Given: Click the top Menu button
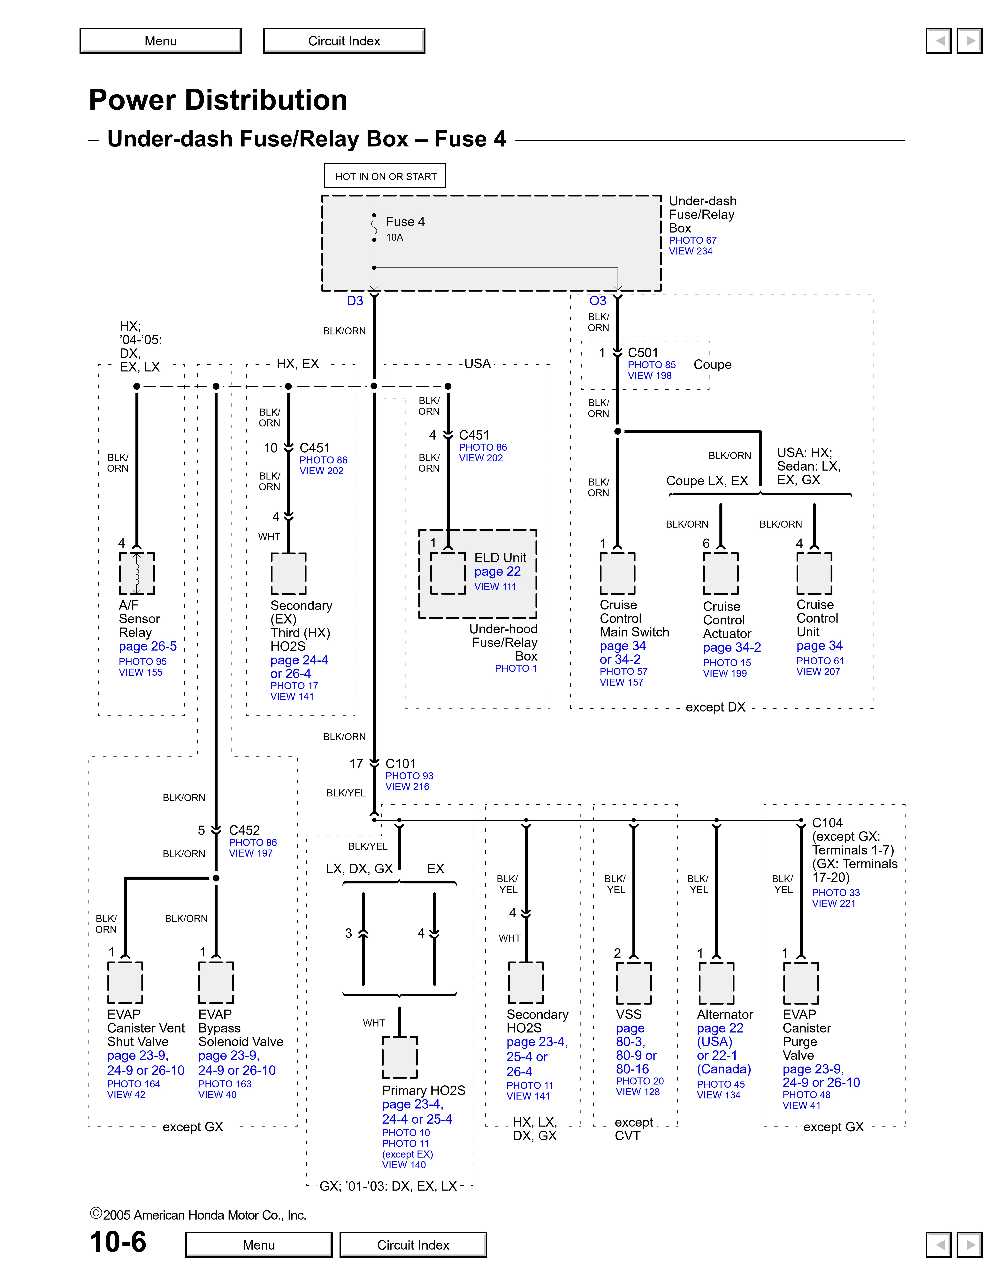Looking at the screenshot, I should [x=161, y=41].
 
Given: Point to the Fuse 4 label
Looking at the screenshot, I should [x=405, y=222].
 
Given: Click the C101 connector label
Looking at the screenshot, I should [x=401, y=764].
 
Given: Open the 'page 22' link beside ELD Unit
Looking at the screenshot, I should [x=498, y=572].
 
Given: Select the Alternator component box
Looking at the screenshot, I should [x=717, y=983].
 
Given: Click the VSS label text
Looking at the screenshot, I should [x=629, y=1014].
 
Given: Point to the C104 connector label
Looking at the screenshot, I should [x=827, y=823].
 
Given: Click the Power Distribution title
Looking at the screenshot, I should [x=218, y=100].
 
